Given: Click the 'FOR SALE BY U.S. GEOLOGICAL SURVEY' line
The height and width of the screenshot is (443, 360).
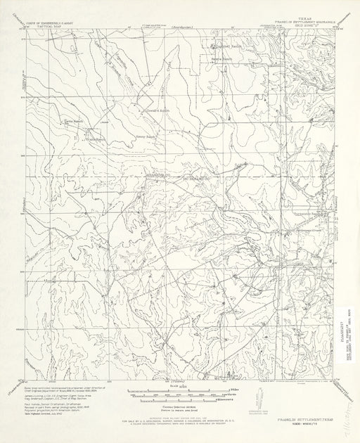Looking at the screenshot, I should [179, 420].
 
